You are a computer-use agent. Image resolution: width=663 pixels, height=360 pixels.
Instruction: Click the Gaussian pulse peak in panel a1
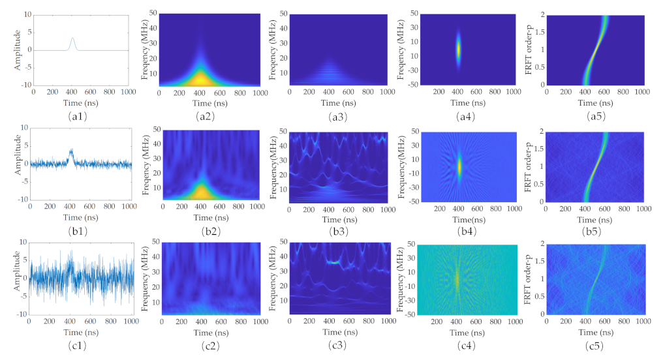pyautogui.click(x=73, y=38)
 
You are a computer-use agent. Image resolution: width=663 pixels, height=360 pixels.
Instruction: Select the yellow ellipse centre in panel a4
pyautogui.click(x=458, y=49)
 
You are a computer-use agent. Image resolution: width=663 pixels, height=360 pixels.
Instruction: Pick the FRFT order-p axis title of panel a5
pyautogui.click(x=531, y=50)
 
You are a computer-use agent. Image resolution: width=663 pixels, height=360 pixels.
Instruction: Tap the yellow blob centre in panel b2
pyautogui.click(x=200, y=192)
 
